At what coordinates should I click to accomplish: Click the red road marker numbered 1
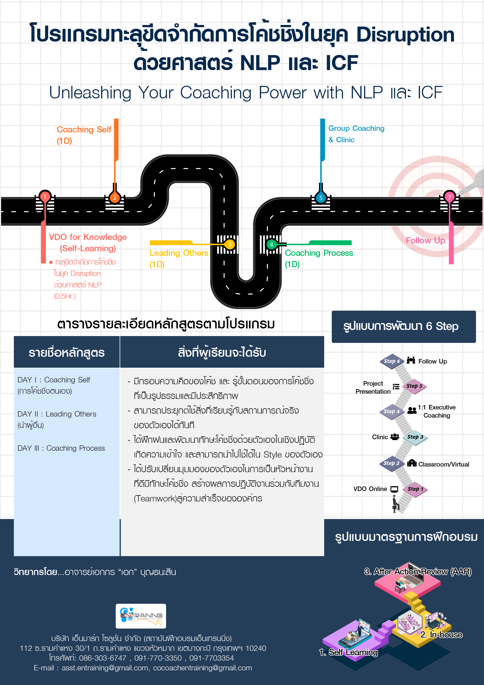45,197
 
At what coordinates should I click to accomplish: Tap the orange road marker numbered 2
115,197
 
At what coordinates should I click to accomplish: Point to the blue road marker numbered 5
321,198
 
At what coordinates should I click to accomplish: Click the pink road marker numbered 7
449,197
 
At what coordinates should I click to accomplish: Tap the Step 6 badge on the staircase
391,361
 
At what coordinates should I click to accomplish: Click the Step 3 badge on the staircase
415,437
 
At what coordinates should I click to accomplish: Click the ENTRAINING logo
141,616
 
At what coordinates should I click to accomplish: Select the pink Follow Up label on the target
425,240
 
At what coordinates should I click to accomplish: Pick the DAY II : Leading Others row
57,419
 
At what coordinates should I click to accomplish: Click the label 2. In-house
441,635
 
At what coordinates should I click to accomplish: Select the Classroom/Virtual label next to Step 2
443,464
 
